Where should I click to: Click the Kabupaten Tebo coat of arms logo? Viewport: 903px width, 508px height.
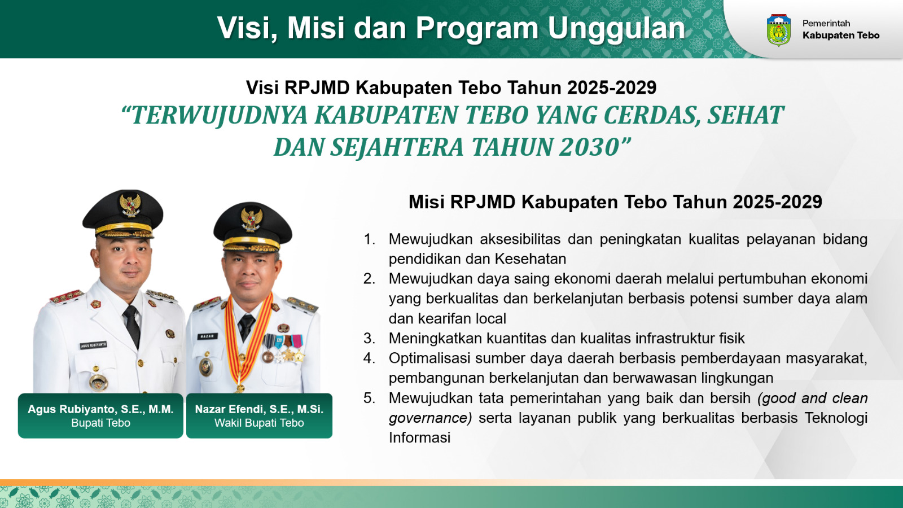(778, 30)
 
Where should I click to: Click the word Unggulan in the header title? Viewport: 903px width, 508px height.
(616, 29)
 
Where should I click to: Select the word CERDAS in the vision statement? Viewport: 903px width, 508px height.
(650, 115)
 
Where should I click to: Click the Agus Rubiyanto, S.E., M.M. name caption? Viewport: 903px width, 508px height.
(100, 409)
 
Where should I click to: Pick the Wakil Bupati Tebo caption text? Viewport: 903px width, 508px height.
(259, 423)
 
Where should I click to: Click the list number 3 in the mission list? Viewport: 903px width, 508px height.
(369, 338)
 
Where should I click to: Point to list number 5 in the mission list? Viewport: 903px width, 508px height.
(369, 398)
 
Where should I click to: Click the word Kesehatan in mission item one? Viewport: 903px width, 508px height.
(531, 259)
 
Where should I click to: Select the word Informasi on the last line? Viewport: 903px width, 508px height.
(420, 438)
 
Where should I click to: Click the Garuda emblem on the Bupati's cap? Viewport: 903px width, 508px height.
(130, 205)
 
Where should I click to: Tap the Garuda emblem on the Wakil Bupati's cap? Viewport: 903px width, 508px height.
(252, 220)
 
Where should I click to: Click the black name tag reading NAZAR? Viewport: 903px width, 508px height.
(208, 336)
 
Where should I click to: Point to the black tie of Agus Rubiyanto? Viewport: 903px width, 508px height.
(132, 325)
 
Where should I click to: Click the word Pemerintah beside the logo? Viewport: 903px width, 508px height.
(826, 23)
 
